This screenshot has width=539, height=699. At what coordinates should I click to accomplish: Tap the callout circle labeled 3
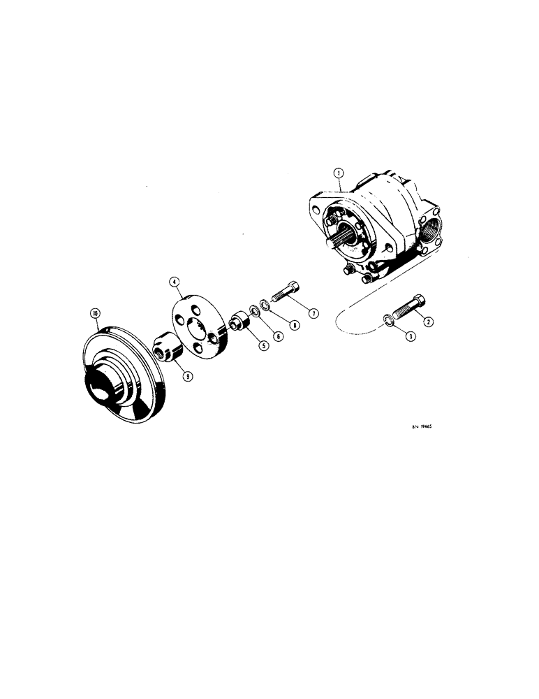point(411,336)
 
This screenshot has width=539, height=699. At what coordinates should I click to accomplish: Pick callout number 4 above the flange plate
point(174,283)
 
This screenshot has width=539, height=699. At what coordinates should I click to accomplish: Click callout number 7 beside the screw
point(313,314)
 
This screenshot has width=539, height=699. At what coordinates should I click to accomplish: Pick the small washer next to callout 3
point(385,322)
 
